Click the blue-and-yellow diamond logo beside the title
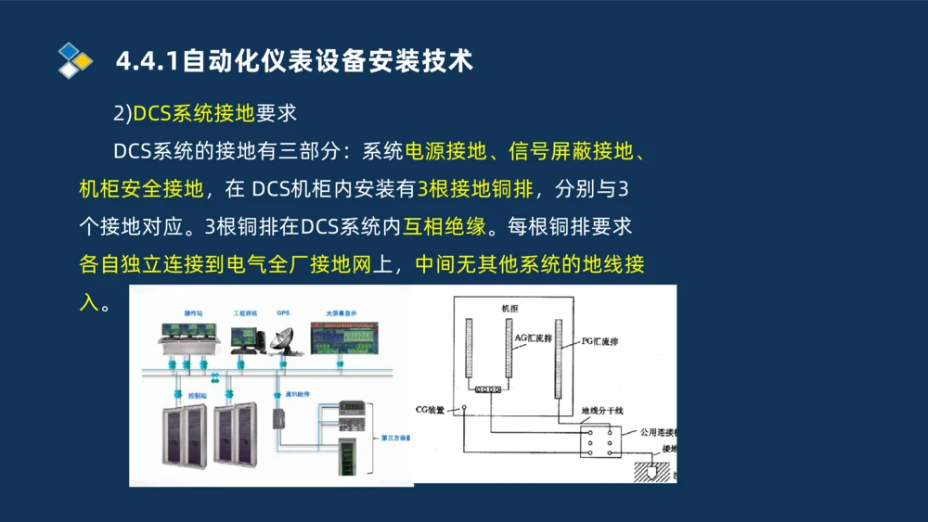coord(75,60)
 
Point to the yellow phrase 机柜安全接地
coord(141,189)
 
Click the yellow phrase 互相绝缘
coord(444,226)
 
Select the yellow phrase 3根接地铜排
coord(475,189)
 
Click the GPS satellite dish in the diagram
coord(282,341)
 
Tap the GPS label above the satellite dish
coord(283,313)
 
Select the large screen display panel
coord(344,337)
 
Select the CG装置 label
coord(431,409)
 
